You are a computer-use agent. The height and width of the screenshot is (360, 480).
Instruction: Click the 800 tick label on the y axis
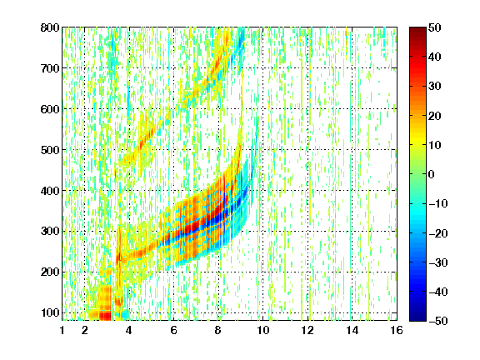[x=50, y=27]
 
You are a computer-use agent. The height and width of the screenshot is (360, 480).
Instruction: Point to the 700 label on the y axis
[x=50, y=68]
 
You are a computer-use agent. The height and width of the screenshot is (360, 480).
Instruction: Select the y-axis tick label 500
[x=50, y=150]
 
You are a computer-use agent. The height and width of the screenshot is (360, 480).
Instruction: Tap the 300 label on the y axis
[x=50, y=231]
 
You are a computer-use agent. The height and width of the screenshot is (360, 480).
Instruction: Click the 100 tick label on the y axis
[x=50, y=312]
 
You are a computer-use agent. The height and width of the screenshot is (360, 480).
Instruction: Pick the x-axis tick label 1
[x=62, y=330]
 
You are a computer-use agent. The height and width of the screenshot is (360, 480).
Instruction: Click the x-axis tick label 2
[x=84, y=330]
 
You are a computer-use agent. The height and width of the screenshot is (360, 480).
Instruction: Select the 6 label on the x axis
[x=173, y=330]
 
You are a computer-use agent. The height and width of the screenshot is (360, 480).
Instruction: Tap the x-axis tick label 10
[x=262, y=330]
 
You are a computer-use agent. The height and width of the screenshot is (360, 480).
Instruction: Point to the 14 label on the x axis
[x=352, y=330]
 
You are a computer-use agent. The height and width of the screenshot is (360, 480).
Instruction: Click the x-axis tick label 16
[x=397, y=330]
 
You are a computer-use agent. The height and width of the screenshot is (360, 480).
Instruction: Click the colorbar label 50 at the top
[x=435, y=27]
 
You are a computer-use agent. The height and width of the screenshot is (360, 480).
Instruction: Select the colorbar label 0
[x=432, y=174]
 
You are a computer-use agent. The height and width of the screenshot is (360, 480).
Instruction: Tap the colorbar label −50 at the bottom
[x=438, y=321]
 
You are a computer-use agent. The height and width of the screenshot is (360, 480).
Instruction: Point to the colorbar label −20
[x=438, y=233]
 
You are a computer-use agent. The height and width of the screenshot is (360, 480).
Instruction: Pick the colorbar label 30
[x=435, y=86]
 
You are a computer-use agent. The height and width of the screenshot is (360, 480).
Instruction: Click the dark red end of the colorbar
[x=417, y=30]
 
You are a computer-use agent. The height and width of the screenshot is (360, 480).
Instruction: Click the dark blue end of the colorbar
[x=417, y=318]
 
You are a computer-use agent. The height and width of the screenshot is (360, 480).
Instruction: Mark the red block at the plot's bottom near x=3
[x=105, y=315]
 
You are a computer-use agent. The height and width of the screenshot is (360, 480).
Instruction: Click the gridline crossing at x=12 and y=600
[x=307, y=109]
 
